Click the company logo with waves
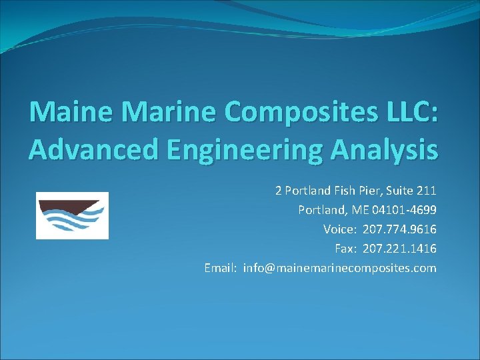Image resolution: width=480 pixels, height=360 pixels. coord(72,215)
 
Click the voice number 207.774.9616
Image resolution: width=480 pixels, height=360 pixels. coord(400,229)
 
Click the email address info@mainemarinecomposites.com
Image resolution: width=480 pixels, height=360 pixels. coord(340,268)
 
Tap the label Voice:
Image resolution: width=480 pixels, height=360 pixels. coord(340,229)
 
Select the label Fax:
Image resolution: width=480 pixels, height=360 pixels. coord(345,249)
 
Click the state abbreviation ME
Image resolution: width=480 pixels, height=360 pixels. coord(361,210)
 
